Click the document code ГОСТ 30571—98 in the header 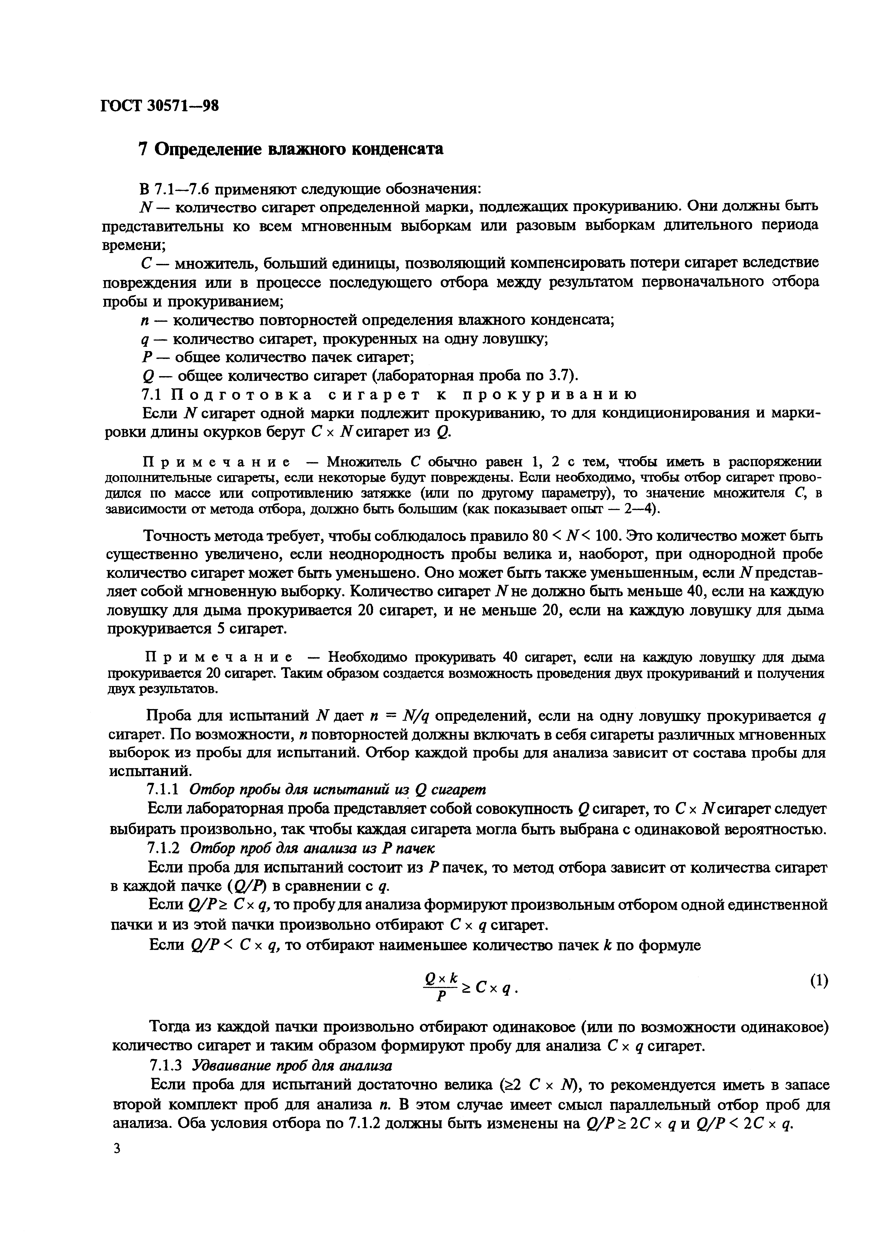coord(160,106)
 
